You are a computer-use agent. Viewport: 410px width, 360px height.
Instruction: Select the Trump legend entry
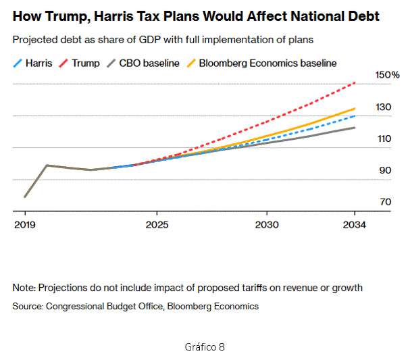click(80, 63)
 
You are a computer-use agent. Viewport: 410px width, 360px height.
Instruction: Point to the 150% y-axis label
click(387, 74)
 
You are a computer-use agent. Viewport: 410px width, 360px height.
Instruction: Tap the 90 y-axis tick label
click(385, 170)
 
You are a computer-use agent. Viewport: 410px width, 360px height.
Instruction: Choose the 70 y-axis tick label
click(385, 202)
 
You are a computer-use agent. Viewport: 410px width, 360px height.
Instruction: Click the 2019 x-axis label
click(25, 224)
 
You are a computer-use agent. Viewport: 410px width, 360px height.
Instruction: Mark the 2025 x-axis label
click(157, 224)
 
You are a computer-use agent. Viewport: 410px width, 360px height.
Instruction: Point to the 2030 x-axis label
click(267, 224)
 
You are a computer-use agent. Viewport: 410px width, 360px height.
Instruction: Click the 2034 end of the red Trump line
click(355, 84)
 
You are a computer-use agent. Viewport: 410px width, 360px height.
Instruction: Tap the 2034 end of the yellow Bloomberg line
click(355, 109)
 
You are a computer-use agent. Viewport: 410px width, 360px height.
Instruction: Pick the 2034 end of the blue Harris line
click(355, 116)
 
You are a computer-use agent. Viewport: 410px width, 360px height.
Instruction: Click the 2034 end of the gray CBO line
click(355, 128)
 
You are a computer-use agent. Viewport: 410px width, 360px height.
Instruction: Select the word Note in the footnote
click(24, 288)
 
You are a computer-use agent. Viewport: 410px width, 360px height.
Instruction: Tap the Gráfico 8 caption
click(205, 346)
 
